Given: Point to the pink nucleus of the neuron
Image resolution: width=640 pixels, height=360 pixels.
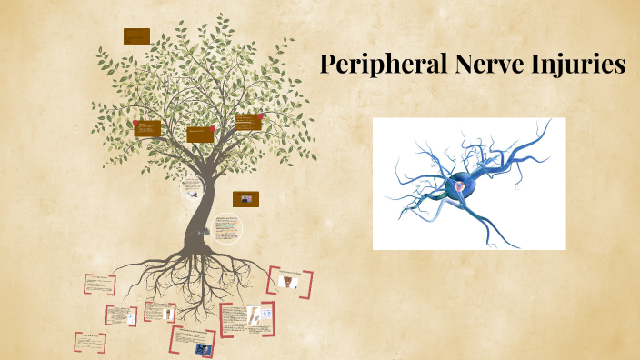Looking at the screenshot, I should (x=460, y=186).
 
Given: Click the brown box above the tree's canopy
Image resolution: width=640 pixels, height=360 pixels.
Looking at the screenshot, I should (x=136, y=36).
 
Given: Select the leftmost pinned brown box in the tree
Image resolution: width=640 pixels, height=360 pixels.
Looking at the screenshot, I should (x=147, y=129).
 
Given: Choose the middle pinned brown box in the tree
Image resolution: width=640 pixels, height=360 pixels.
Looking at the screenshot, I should (x=200, y=135).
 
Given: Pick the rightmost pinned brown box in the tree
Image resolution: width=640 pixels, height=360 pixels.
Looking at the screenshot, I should (x=247, y=123).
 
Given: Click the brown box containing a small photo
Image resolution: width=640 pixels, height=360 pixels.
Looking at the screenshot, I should (x=245, y=199).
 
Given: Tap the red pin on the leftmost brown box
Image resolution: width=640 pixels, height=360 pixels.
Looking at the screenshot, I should (x=136, y=122).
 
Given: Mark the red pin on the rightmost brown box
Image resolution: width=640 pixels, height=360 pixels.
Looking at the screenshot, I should (x=260, y=116).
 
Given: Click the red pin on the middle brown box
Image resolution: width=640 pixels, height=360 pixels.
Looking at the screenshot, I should (x=212, y=129).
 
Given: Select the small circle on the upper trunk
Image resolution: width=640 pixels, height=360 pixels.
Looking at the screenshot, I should (x=191, y=189).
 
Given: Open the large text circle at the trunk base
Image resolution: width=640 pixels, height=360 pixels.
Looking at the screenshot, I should (x=227, y=229).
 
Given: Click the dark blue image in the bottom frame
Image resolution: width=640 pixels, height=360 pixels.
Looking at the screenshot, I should (x=203, y=347).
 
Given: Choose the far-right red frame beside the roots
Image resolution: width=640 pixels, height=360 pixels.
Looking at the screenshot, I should (x=291, y=282).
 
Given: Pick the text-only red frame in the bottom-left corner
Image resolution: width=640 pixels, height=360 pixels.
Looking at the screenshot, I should (x=90, y=343).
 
